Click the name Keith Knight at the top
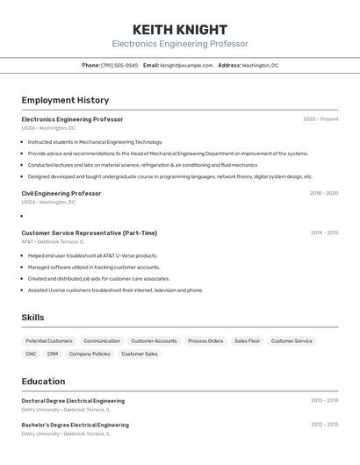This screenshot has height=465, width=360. tap(179, 30)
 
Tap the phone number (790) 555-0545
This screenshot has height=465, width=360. tap(119, 65)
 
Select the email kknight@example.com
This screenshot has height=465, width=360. tap(186, 65)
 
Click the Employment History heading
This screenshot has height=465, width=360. tap(65, 100)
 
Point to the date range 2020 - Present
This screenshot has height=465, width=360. tap(320, 119)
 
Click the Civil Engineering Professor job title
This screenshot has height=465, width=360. tap(61, 193)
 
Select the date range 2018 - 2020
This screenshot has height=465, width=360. tap(323, 193)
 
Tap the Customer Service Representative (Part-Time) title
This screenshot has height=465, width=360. tap(90, 233)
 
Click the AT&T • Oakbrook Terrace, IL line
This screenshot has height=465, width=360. tap(54, 242)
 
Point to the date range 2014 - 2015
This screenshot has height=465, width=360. tap(324, 233)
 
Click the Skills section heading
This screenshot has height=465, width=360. tap(32, 318)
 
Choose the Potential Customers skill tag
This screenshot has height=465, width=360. tap(49, 340)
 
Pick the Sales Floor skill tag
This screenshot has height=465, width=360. tap(247, 340)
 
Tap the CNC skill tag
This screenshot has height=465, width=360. tap(32, 354)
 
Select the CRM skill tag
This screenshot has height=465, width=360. tap(53, 354)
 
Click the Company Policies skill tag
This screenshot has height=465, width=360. tap(90, 354)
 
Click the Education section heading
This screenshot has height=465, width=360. tap(43, 382)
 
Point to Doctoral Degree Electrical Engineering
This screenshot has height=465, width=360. tap(73, 401)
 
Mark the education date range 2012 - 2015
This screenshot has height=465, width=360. tap(324, 425)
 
